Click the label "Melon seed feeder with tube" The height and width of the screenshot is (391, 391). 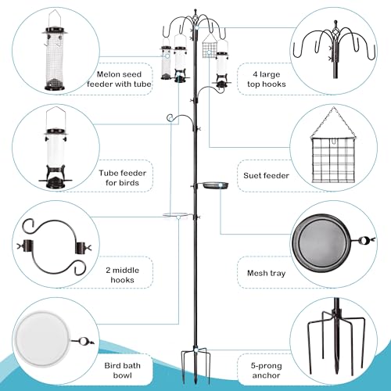[120, 77]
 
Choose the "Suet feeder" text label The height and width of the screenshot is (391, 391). [267, 176]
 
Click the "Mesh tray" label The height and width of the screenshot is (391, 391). [264, 274]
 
